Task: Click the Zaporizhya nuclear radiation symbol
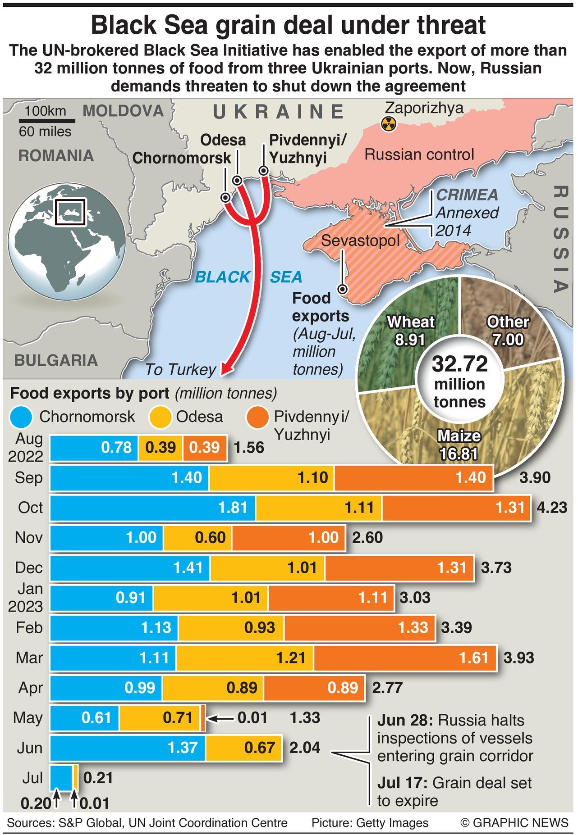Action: (388, 123)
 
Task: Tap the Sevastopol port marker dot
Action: (343, 289)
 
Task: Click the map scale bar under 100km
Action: (47, 121)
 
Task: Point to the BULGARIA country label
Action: (56, 360)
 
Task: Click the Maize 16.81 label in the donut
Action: (459, 445)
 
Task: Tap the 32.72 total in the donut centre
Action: (459, 364)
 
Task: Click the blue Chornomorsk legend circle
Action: (21, 417)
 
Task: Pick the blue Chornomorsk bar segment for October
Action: (152, 508)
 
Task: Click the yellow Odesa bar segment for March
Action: (245, 658)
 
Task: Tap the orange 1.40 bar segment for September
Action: (413, 478)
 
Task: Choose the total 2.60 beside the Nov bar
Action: (367, 537)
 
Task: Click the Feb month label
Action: (29, 627)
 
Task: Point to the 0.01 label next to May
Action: (252, 717)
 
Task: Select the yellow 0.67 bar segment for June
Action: (244, 748)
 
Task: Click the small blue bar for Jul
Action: (61, 777)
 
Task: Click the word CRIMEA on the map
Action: (467, 195)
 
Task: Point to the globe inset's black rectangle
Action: (70, 212)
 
